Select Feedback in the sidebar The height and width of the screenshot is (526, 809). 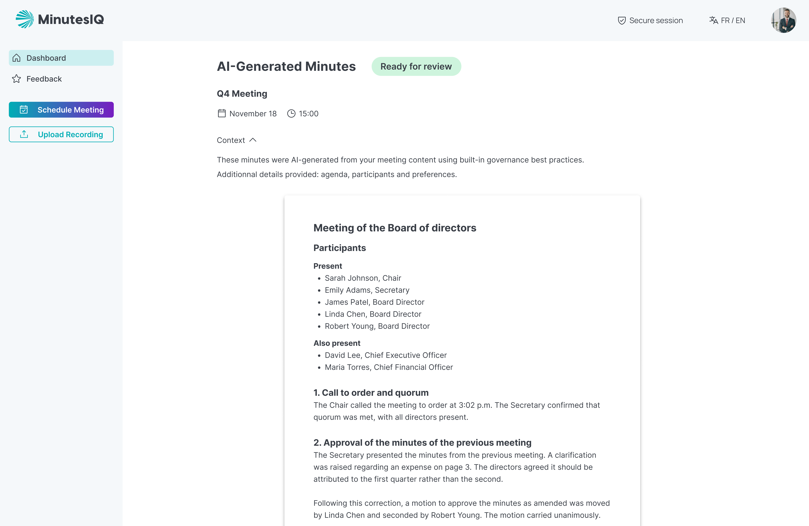click(x=44, y=79)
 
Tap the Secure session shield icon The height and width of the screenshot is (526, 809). click(x=622, y=21)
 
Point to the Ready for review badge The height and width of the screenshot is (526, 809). click(x=416, y=67)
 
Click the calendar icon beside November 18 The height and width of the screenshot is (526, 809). click(x=222, y=114)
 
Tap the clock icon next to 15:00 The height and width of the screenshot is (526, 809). click(x=291, y=114)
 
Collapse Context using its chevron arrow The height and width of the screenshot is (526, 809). click(x=253, y=140)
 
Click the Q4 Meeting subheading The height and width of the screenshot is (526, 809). click(x=242, y=94)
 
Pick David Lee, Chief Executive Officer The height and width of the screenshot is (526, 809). click(x=385, y=355)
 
